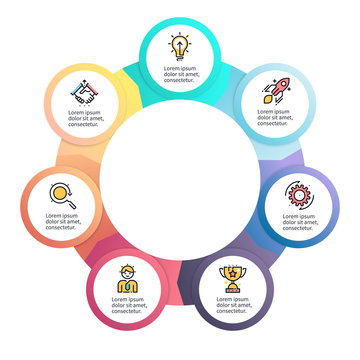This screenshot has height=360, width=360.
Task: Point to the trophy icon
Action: tap(233, 275)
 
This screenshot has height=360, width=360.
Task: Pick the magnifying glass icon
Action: tap(62, 194)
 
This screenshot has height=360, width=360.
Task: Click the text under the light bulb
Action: tap(180, 71)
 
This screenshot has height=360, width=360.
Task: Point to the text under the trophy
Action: tap(234, 304)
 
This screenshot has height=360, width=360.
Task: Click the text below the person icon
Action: tap(127, 304)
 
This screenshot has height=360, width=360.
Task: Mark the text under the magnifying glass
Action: tap(62, 220)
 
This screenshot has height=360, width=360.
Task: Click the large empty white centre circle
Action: tap(180, 190)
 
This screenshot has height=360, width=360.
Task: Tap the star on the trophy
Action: tap(233, 269)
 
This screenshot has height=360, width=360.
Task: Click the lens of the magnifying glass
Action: tap(59, 190)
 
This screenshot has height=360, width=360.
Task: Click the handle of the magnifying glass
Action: tap(70, 200)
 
